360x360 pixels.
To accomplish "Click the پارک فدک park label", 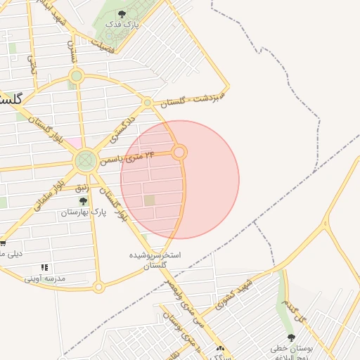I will click(123, 25).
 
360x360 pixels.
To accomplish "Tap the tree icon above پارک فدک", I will click(123, 14).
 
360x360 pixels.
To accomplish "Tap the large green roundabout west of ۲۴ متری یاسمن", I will click(86, 161).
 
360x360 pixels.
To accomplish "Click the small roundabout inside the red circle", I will click(180, 152).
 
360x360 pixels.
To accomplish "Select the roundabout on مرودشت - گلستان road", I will click(147, 103).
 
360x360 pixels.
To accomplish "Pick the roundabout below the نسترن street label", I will click(77, 75).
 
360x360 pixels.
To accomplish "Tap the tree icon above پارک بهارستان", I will click(83, 201).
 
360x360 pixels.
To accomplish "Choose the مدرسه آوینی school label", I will click(45, 278).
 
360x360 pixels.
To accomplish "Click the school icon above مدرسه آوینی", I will click(45, 268).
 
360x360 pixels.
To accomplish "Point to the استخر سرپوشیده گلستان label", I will click(155, 259).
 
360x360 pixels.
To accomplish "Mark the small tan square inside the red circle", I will click(149, 200).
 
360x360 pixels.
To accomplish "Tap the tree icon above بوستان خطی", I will click(291, 338).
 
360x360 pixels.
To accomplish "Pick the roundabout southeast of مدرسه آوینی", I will click(98, 287).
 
